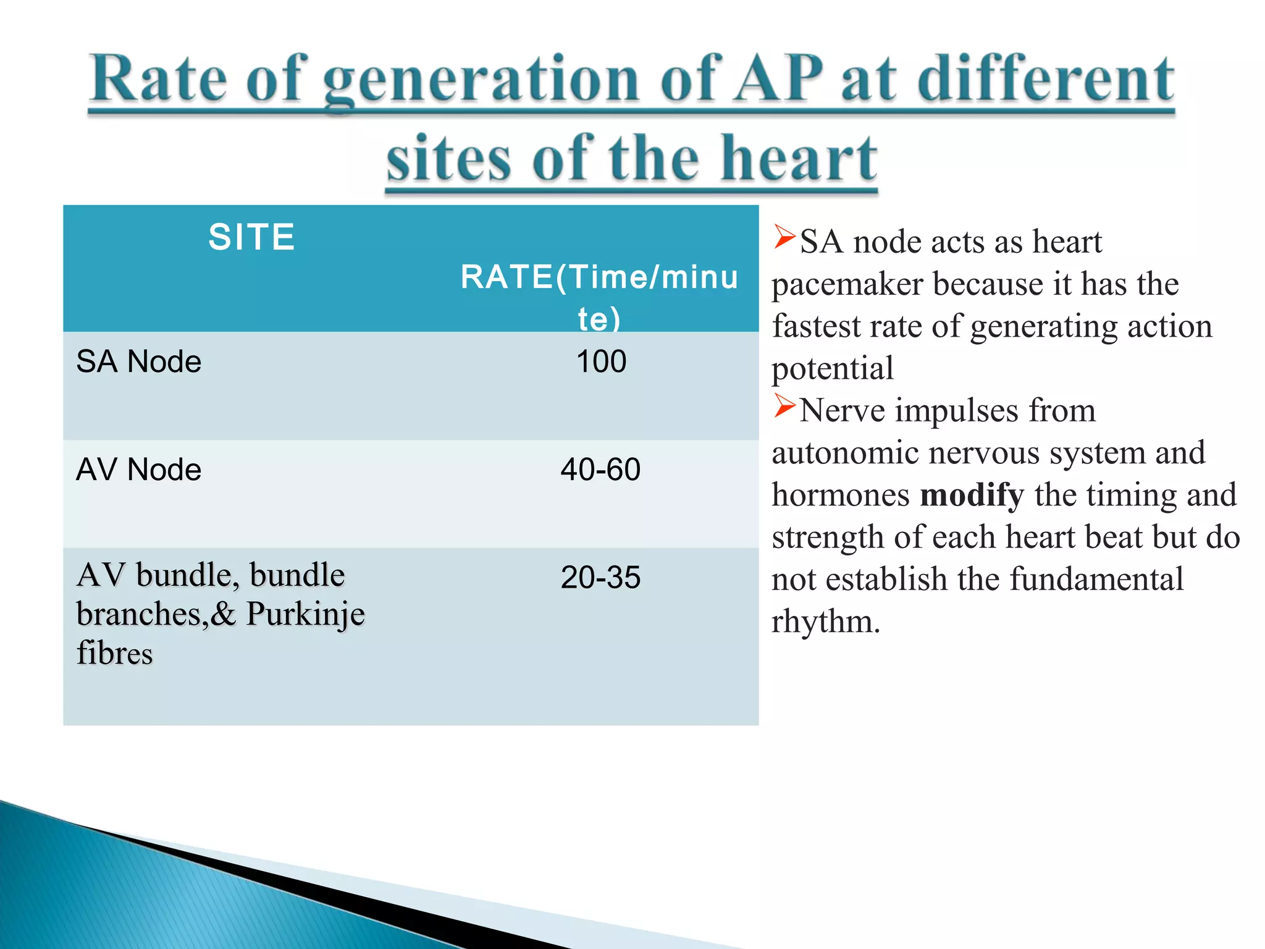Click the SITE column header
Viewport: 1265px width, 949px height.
[251, 237]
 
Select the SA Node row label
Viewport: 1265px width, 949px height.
[138, 361]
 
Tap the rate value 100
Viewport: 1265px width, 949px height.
[601, 361]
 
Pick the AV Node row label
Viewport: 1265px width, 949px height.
[138, 470]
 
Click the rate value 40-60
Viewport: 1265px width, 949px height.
[600, 470]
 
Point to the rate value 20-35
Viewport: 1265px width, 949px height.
[600, 578]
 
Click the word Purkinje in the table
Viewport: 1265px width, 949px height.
[306, 615]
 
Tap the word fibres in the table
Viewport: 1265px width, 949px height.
[114, 654]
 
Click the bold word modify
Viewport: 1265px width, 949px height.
[972, 496]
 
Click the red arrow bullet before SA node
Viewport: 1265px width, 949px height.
[784, 237]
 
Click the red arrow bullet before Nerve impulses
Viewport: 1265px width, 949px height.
[784, 406]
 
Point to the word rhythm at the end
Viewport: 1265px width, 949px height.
[825, 622]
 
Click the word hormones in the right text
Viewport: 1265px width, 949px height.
[841, 496]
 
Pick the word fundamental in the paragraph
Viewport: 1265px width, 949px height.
[1096, 580]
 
